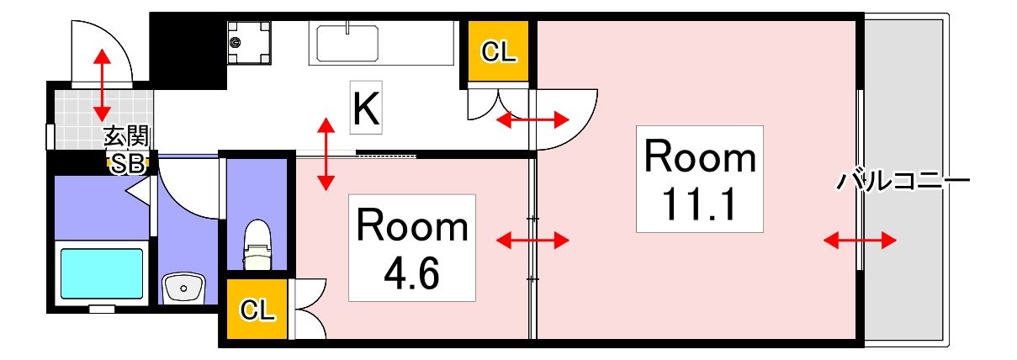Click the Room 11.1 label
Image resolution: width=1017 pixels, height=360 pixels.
(700, 178)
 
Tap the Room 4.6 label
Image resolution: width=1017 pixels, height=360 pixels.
(412, 248)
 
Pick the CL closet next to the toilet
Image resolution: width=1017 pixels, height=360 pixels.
(257, 310)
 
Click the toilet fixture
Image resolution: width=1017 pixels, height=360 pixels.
(257, 244)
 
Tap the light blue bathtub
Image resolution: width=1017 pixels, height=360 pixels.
(101, 273)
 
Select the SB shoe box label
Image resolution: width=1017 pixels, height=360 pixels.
(128, 164)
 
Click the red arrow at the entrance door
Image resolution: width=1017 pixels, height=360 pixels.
(102, 84)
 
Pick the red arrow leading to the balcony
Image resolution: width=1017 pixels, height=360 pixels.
(859, 241)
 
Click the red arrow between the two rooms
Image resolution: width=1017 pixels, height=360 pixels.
(532, 241)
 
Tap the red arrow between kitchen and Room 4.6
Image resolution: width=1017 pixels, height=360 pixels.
(326, 154)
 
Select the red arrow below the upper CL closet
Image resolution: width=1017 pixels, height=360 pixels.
(532, 121)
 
